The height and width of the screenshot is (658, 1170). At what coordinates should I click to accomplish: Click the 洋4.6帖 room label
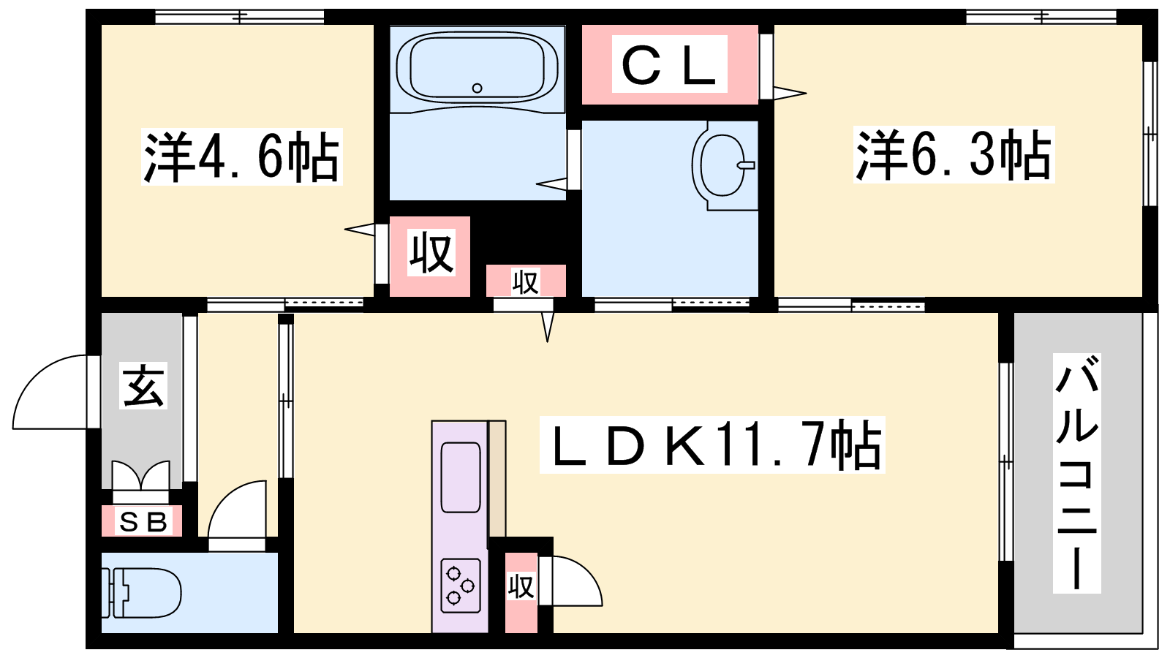pyautogui.click(x=242, y=156)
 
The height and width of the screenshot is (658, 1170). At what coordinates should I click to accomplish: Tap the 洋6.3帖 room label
pyautogui.click(x=954, y=155)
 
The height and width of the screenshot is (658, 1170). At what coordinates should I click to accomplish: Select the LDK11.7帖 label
pyautogui.click(x=712, y=445)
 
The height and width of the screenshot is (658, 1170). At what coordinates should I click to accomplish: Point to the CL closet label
pyautogui.click(x=670, y=64)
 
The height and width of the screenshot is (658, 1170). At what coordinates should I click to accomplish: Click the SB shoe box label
pyautogui.click(x=142, y=521)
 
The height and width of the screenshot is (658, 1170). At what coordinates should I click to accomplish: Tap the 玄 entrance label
pyautogui.click(x=143, y=385)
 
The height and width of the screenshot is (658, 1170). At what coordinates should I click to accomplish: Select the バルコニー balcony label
pyautogui.click(x=1076, y=473)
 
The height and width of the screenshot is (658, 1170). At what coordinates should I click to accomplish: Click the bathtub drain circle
pyautogui.click(x=477, y=88)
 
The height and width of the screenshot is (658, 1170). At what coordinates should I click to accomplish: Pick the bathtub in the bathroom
pyautogui.click(x=478, y=67)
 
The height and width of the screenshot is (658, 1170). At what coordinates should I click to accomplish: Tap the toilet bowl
pyautogui.click(x=141, y=593)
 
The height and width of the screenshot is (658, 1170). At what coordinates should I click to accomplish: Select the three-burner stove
pyautogui.click(x=461, y=586)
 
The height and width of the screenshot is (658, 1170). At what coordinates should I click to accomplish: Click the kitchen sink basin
pyautogui.click(x=461, y=477)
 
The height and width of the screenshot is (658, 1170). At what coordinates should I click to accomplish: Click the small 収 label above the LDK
pyautogui.click(x=525, y=282)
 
